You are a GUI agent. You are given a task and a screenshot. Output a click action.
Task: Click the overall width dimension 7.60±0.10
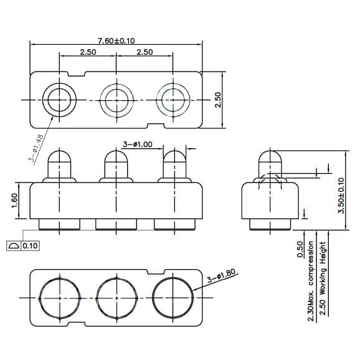point(116,40)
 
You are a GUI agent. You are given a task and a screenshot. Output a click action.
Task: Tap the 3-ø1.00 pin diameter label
point(138,144)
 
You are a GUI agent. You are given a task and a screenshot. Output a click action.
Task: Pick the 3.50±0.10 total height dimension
point(341,197)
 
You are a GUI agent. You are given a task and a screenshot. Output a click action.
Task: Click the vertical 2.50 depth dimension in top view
point(217,100)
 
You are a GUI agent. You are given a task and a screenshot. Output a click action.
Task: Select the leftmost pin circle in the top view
point(59,100)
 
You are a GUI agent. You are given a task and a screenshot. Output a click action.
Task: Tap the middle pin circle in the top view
point(117,100)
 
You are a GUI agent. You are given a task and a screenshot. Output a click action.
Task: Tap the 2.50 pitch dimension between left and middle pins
point(88,52)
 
